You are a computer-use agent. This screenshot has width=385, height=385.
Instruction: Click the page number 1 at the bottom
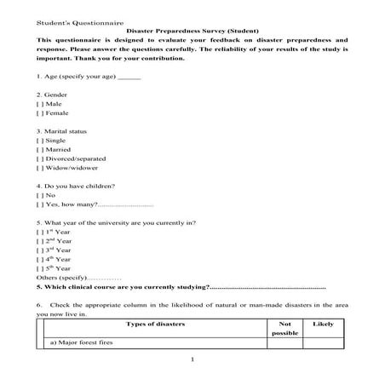click(x=194, y=360)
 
